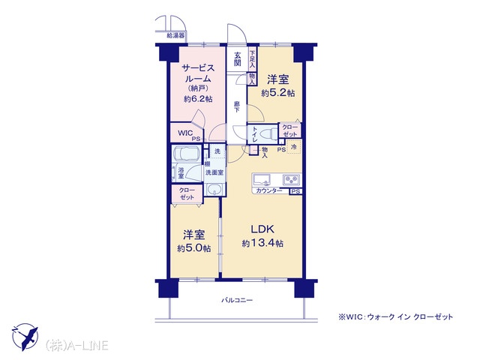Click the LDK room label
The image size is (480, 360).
(262, 229)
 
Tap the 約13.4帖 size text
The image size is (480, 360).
(262, 243)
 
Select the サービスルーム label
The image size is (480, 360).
(198, 73)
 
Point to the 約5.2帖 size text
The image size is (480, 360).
(278, 93)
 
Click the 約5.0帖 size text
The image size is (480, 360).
(194, 248)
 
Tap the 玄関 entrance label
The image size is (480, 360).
(238, 59)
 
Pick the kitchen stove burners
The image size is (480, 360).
(292, 180)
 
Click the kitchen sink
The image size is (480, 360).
(262, 180)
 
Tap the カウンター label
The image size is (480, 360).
(268, 191)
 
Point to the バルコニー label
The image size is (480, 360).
(237, 300)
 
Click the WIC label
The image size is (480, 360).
(185, 133)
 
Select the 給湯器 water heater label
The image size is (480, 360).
(175, 36)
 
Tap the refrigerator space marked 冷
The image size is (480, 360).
(294, 147)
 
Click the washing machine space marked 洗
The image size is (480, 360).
(217, 151)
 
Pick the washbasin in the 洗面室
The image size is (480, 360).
(214, 190)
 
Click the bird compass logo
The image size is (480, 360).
(25, 337)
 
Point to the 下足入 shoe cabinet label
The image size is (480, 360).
(252, 58)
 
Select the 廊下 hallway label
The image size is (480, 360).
(237, 107)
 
